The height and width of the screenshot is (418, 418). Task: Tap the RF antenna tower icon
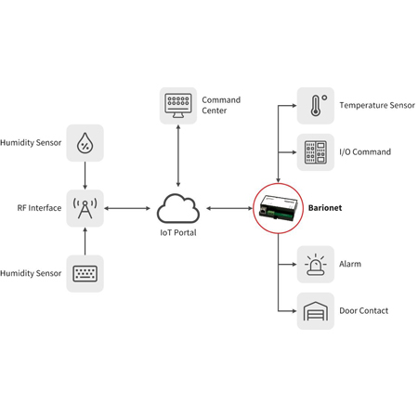click(85, 207)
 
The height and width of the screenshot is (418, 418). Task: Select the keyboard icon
click(85, 273)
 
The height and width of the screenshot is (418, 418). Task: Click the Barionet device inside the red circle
click(278, 208)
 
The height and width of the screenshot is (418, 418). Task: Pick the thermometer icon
click(315, 105)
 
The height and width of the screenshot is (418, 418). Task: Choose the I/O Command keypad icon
click(315, 151)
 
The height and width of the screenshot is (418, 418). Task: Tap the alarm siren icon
click(315, 264)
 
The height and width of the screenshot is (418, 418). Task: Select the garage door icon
click(315, 311)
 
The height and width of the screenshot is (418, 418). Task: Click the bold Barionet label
click(326, 209)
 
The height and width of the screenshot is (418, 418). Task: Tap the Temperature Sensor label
click(377, 106)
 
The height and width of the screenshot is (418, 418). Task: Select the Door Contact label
click(364, 311)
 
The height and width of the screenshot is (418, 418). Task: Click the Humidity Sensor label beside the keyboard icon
click(32, 273)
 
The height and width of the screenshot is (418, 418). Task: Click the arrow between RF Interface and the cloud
click(129, 208)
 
